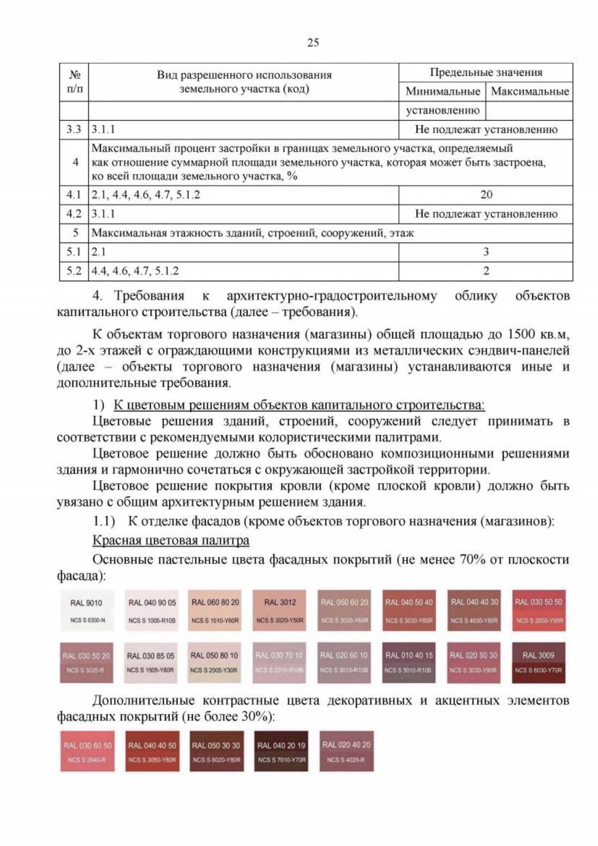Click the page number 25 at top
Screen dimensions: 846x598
(x=313, y=42)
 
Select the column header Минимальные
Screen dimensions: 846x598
(x=442, y=91)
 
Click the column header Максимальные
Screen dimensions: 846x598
(x=529, y=91)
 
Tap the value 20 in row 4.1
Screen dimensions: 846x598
(x=486, y=195)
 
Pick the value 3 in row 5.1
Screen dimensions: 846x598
(x=486, y=252)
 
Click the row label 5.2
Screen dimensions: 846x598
(x=74, y=271)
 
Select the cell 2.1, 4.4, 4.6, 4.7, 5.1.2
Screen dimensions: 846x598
(x=146, y=195)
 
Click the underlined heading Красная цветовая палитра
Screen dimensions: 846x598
(x=171, y=540)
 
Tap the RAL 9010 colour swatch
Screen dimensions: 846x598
(x=87, y=610)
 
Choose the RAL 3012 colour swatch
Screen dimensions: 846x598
(x=280, y=610)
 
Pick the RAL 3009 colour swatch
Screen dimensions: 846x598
(x=538, y=662)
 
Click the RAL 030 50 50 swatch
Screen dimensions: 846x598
(x=538, y=610)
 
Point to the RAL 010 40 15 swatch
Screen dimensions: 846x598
(x=409, y=662)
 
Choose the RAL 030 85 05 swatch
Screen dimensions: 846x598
(x=150, y=662)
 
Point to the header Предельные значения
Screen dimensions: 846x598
(x=485, y=72)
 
